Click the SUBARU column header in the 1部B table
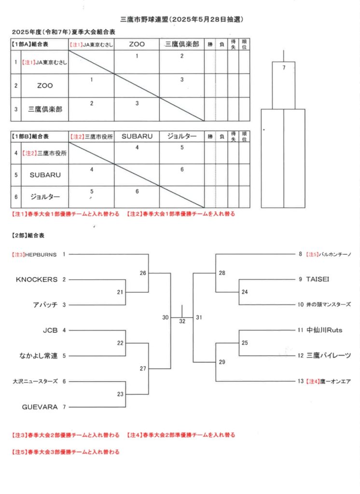tap(137, 137)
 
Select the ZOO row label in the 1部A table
tap(45, 86)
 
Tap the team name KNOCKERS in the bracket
tap(37, 279)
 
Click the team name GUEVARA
tap(40, 407)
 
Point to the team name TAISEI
tap(318, 279)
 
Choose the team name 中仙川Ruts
tap(324, 330)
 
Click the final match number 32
tap(182, 321)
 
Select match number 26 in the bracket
tap(143, 273)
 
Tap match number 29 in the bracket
tap(222, 362)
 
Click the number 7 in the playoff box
tap(284, 68)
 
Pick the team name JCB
tap(50, 330)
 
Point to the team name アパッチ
tap(45, 305)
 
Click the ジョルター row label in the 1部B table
tap(45, 197)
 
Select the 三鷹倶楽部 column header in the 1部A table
tap(182, 44)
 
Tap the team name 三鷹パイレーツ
tap(329, 356)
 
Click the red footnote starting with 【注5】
tap(66, 452)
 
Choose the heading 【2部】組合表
tap(28, 235)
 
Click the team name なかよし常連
tap(39, 356)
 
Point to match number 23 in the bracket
tap(120, 394)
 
